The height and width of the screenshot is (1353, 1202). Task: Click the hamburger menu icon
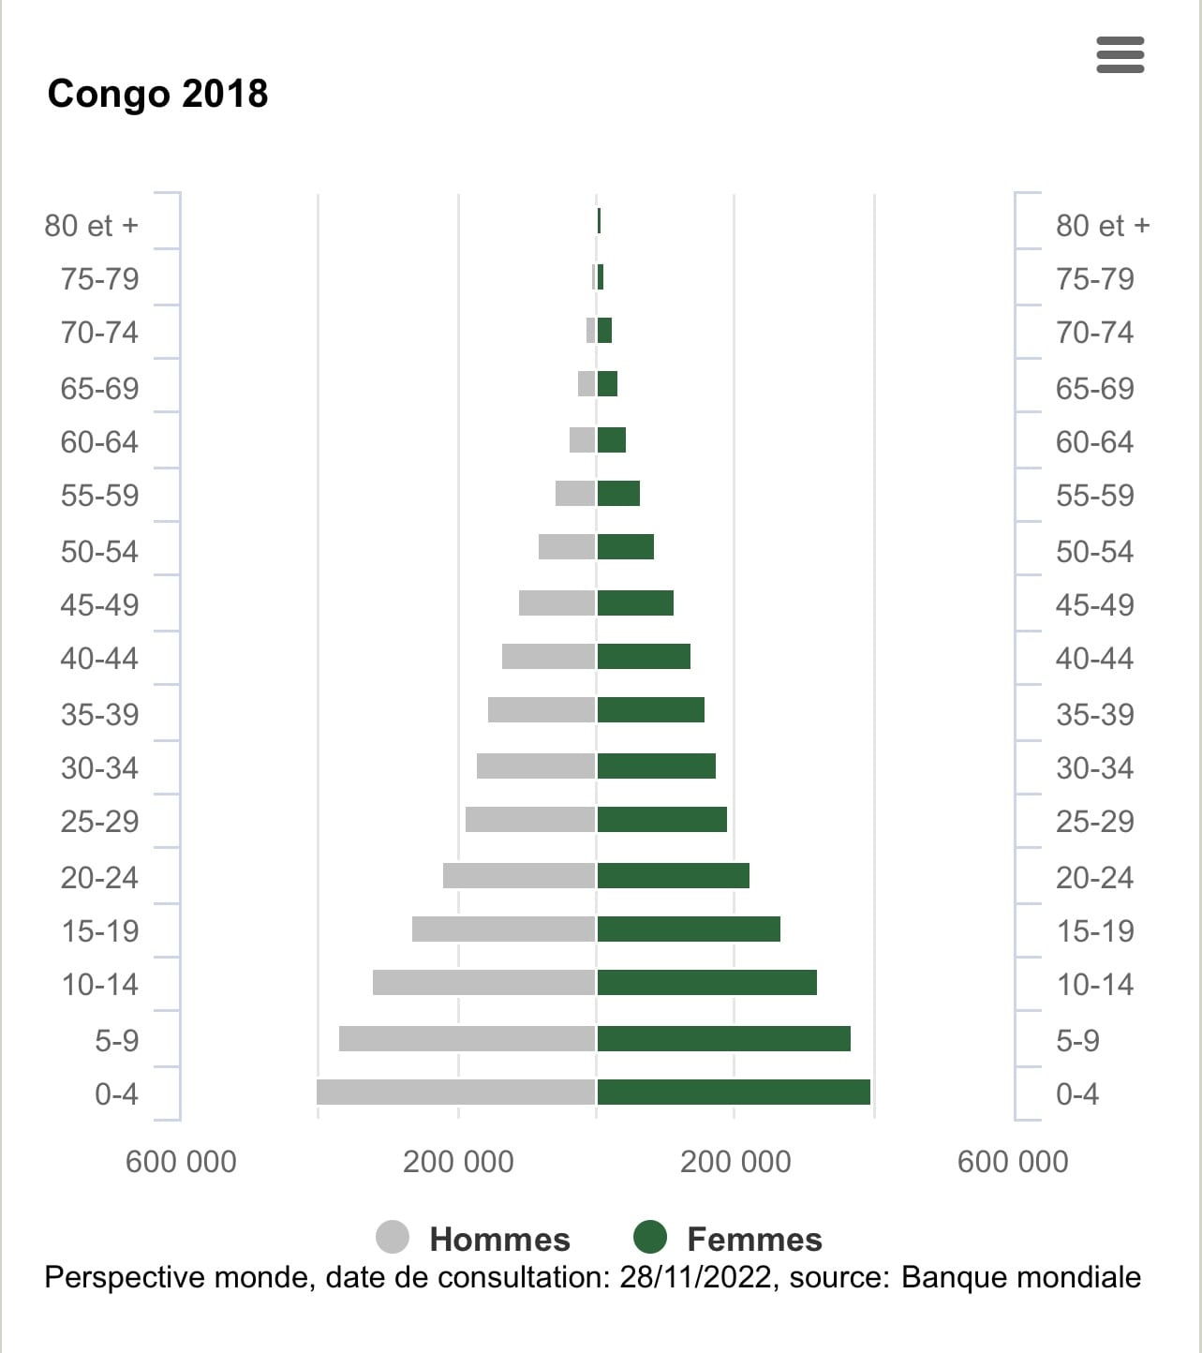pyautogui.click(x=1120, y=55)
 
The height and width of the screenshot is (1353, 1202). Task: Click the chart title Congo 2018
pyautogui.click(x=157, y=94)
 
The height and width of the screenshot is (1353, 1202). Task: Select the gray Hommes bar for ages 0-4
pyautogui.click(x=456, y=1093)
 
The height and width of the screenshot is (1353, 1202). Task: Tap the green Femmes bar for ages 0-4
pyautogui.click(x=734, y=1093)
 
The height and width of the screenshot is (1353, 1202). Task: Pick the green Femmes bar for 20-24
pyautogui.click(x=674, y=876)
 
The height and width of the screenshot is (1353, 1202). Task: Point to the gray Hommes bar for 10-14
pyautogui.click(x=484, y=983)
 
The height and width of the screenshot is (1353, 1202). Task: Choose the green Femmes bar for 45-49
pyautogui.click(x=635, y=603)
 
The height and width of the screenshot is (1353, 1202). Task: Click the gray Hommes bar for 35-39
pyautogui.click(x=542, y=710)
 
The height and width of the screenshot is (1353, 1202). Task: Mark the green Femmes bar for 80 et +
pyautogui.click(x=599, y=221)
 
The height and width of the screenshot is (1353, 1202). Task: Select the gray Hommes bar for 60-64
pyautogui.click(x=582, y=440)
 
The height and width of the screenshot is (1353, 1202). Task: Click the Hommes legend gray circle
pyautogui.click(x=393, y=1237)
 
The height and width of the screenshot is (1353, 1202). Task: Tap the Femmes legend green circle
pyautogui.click(x=650, y=1237)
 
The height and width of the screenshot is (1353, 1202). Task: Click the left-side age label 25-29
pyautogui.click(x=99, y=822)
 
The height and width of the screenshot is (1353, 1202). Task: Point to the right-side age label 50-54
pyautogui.click(x=1094, y=551)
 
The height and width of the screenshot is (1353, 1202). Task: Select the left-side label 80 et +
pyautogui.click(x=91, y=226)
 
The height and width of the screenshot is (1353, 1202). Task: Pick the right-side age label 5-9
pyautogui.click(x=1077, y=1040)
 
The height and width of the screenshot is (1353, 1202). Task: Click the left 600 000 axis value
pyautogui.click(x=181, y=1162)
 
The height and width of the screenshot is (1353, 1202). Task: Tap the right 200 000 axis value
pyautogui.click(x=735, y=1162)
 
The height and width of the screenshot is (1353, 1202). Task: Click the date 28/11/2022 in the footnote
pyautogui.click(x=696, y=1278)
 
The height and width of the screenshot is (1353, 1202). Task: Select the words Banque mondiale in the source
pyautogui.click(x=1021, y=1278)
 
